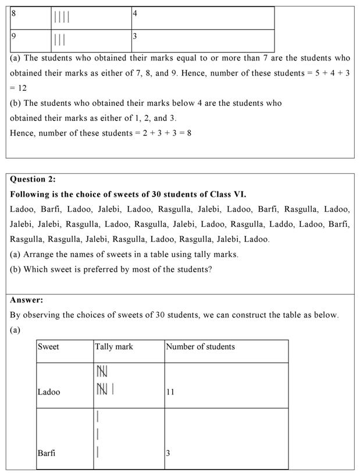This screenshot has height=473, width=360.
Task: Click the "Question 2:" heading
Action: pyautogui.click(x=33, y=179)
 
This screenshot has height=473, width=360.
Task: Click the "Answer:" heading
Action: pyautogui.click(x=26, y=300)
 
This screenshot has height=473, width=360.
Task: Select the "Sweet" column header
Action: pyautogui.click(x=48, y=347)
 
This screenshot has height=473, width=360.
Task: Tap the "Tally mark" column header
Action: pyautogui.click(x=114, y=347)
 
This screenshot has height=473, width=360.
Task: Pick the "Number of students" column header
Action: pyautogui.click(x=200, y=347)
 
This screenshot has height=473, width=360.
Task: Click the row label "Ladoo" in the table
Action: pyautogui.click(x=49, y=392)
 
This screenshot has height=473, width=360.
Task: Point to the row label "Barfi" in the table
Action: pyautogui.click(x=47, y=453)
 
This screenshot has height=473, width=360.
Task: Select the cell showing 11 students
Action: pyautogui.click(x=170, y=392)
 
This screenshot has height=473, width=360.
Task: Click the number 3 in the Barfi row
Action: pyautogui.click(x=168, y=453)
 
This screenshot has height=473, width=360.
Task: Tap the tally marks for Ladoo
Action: pyautogui.click(x=104, y=379)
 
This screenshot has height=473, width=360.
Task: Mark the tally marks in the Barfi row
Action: pyautogui.click(x=98, y=434)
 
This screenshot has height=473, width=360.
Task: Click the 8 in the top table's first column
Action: pyautogui.click(x=13, y=13)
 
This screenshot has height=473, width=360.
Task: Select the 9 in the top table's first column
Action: pyautogui.click(x=13, y=36)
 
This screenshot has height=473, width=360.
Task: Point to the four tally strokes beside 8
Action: pyautogui.click(x=62, y=17)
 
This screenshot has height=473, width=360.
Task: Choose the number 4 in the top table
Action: pyautogui.click(x=135, y=13)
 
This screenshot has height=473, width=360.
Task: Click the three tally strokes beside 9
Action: pyautogui.click(x=59, y=40)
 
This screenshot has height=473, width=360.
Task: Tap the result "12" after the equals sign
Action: pyautogui.click(x=21, y=88)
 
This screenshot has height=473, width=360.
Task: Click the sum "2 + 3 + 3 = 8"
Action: pyautogui.click(x=167, y=133)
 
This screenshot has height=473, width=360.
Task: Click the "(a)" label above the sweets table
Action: pyautogui.click(x=15, y=330)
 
